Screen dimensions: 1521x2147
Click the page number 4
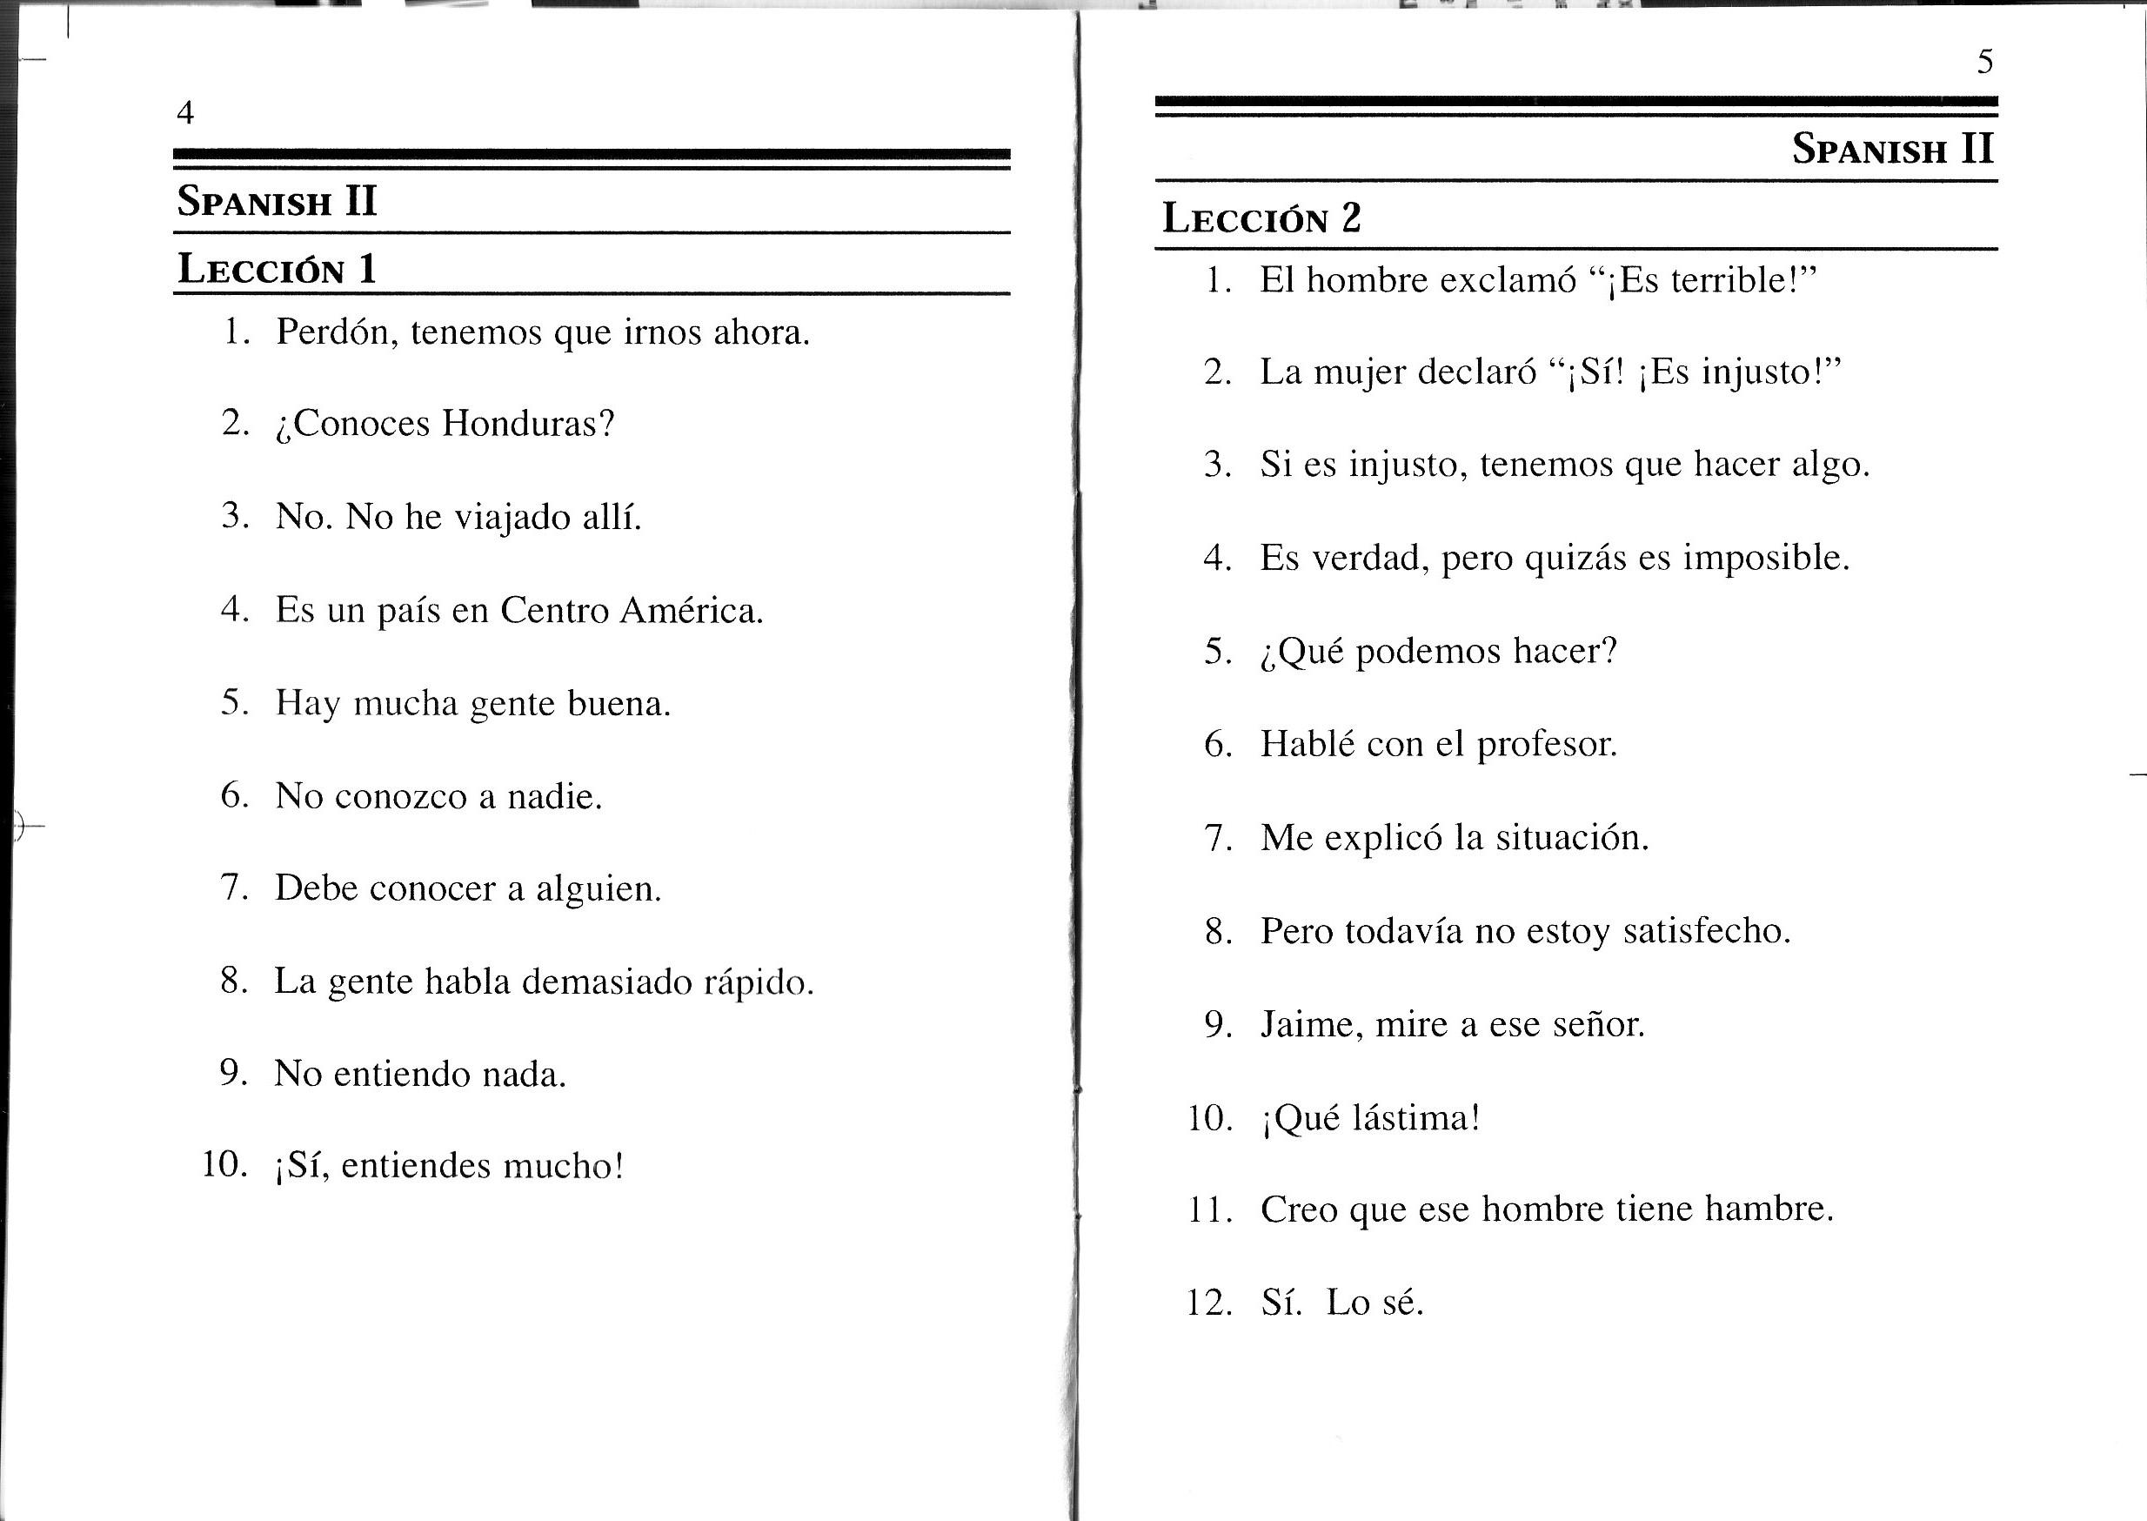pos(185,113)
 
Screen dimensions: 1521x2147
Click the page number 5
pos(1984,62)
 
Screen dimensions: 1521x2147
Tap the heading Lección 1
pos(278,269)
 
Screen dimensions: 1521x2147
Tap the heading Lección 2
pos(1261,218)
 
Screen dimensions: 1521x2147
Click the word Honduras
pos(528,424)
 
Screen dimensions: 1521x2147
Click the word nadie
pos(554,797)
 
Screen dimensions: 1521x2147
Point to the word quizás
pos(1575,559)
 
